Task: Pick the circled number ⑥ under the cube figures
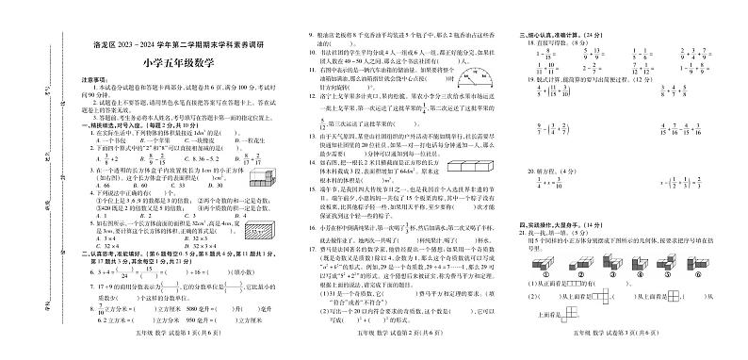pyautogui.click(x=710, y=280)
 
